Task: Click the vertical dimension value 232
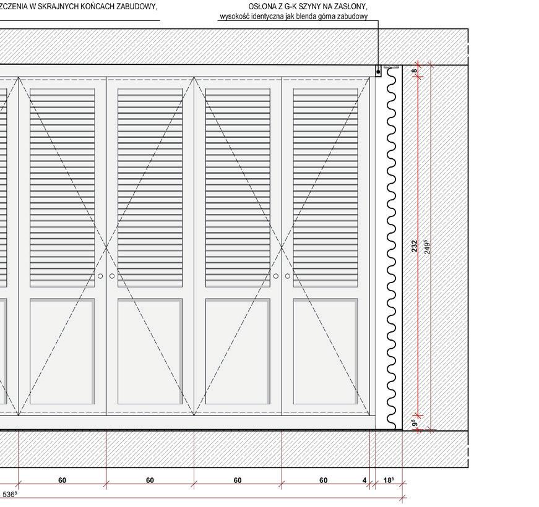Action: (x=415, y=246)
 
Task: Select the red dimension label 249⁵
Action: (x=427, y=246)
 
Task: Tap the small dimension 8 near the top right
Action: (x=415, y=71)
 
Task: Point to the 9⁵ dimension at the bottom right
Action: (x=415, y=424)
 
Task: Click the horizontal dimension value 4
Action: (x=365, y=480)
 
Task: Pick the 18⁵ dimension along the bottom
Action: (x=389, y=480)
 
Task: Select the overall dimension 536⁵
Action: (x=10, y=494)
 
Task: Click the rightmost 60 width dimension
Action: (x=324, y=480)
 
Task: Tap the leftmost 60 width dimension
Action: (x=63, y=480)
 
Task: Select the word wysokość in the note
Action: (x=236, y=17)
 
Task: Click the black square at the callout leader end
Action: (x=378, y=72)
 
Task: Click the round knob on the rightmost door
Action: (x=287, y=276)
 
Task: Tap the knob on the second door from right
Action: (x=276, y=276)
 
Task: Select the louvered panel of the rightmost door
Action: (x=326, y=185)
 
